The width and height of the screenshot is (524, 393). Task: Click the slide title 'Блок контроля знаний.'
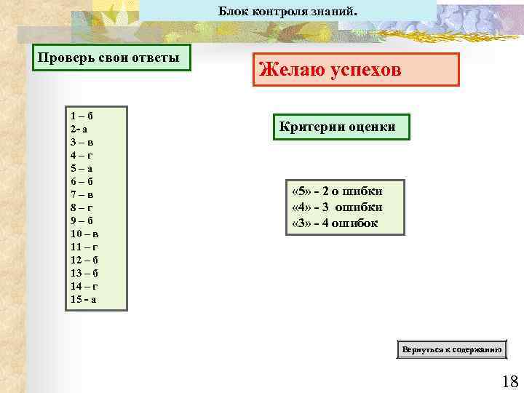[288, 11]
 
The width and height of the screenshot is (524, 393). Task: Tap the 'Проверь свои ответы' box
[113, 58]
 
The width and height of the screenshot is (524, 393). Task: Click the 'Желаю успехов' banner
[356, 70]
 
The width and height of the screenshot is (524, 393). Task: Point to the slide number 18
[509, 381]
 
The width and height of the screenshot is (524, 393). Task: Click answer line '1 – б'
[82, 116]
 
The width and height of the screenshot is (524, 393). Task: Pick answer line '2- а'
[79, 129]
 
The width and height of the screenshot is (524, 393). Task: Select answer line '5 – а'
[82, 168]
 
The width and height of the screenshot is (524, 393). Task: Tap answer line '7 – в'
[82, 194]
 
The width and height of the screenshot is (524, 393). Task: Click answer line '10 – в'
[84, 234]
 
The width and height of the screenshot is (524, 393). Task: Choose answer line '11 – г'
[84, 247]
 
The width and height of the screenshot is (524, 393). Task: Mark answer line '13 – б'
[84, 273]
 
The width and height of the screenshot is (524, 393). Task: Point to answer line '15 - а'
[84, 299]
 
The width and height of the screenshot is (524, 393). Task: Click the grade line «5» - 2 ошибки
[336, 191]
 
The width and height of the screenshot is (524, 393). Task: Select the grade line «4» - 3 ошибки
[336, 207]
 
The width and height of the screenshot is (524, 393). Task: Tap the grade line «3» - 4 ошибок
[334, 223]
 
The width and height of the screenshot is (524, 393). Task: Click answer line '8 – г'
[82, 207]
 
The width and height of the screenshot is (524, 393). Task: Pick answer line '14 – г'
[84, 286]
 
